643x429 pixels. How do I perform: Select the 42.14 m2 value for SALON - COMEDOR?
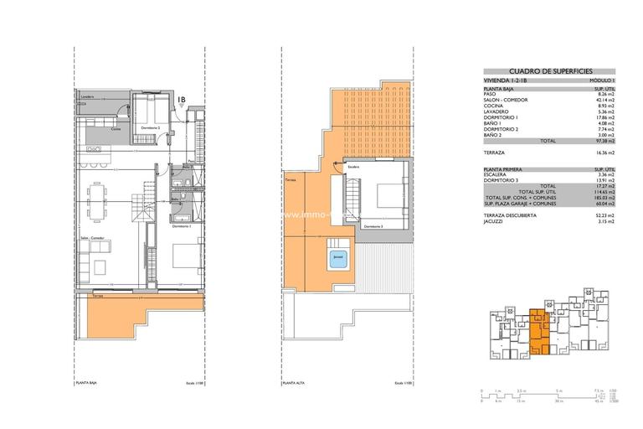605,99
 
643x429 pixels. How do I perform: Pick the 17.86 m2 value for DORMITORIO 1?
605,116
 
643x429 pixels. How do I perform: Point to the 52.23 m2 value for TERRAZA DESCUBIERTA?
605,216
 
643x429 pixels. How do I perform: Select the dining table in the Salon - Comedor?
99,199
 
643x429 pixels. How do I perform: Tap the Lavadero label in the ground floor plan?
89,97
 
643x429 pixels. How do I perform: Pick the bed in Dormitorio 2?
151,111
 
